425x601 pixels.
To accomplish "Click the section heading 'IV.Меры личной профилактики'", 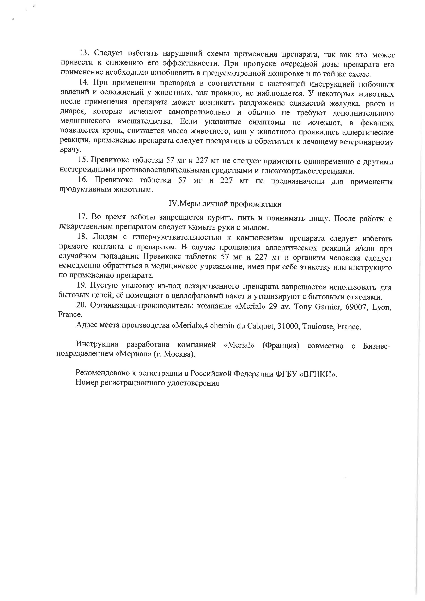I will point(225,204).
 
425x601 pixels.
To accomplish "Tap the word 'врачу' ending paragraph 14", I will point(71,150).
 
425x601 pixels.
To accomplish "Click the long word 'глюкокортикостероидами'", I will point(307,171).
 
